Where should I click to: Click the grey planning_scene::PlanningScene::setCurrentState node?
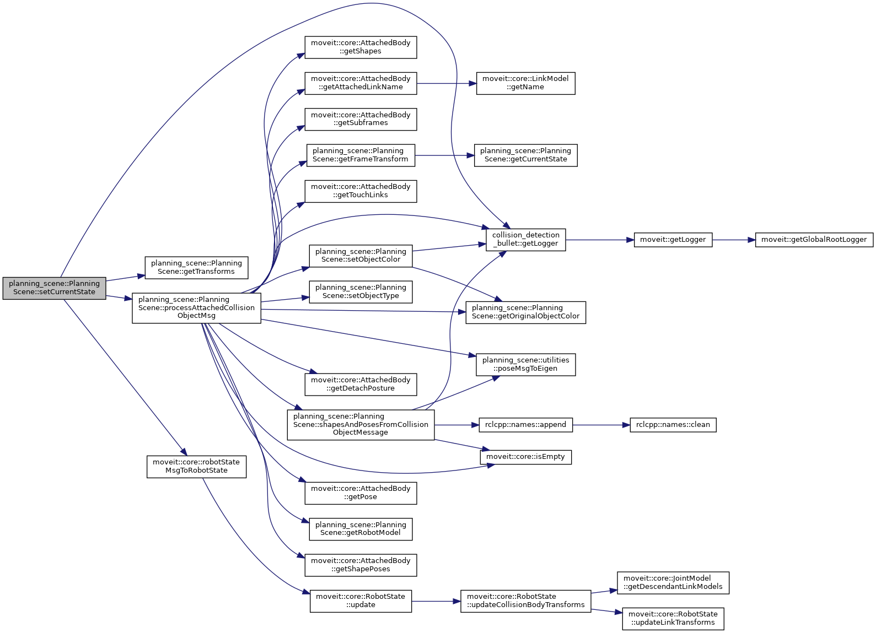(x=54, y=288)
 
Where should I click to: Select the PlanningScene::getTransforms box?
(x=196, y=268)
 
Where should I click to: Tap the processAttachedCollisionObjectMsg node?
(x=196, y=308)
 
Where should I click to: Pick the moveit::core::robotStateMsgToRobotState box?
(x=196, y=467)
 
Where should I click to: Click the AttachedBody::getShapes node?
(x=361, y=47)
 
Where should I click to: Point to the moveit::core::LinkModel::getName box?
(x=525, y=83)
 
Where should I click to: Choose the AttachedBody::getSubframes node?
(x=361, y=119)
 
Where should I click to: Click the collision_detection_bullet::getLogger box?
(x=525, y=240)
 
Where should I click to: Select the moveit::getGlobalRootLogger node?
(x=814, y=240)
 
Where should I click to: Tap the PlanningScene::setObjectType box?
(x=361, y=292)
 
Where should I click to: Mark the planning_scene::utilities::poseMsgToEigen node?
(x=525, y=365)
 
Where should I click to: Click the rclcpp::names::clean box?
(x=673, y=425)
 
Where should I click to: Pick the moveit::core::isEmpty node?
(x=525, y=457)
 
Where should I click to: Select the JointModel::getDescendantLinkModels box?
(x=673, y=583)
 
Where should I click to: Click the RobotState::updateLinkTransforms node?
(x=673, y=619)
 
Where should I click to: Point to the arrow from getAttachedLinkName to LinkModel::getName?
(x=446, y=84)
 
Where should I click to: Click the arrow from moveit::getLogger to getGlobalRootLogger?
(x=733, y=240)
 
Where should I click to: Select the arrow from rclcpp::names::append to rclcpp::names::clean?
(x=601, y=425)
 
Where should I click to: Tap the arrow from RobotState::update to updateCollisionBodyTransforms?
(x=436, y=602)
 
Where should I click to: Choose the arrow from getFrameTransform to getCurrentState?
(x=444, y=156)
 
